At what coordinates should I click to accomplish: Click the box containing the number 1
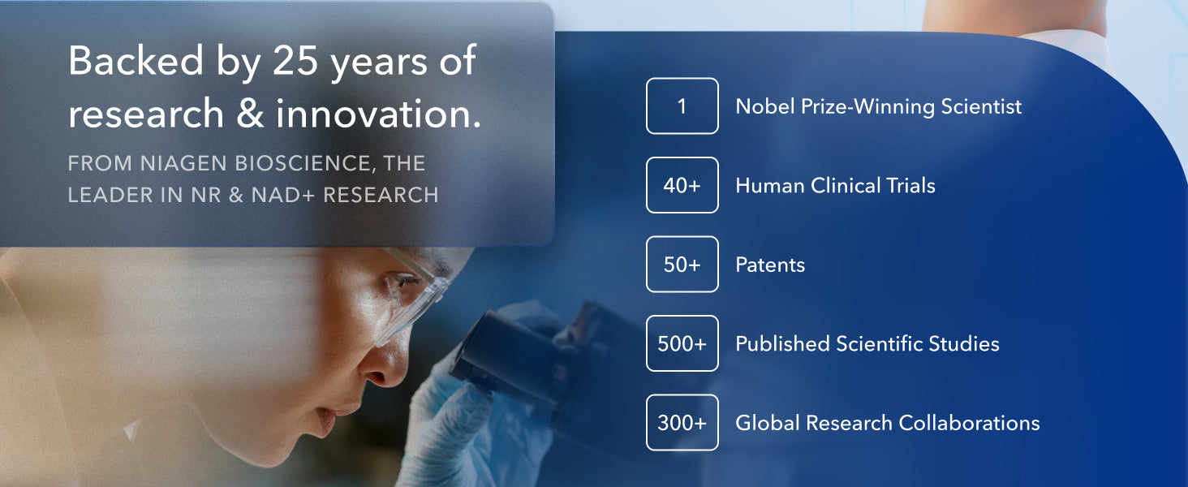pyautogui.click(x=682, y=106)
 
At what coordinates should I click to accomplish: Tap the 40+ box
pyautogui.click(x=682, y=185)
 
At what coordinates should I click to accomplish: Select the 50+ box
pyautogui.click(x=682, y=264)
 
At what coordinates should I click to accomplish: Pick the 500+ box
pyautogui.click(x=682, y=343)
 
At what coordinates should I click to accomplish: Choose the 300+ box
pyautogui.click(x=682, y=422)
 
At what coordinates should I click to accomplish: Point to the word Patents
pyautogui.click(x=770, y=265)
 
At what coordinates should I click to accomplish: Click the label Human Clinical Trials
pyautogui.click(x=835, y=185)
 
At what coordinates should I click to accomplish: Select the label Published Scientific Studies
pyautogui.click(x=867, y=344)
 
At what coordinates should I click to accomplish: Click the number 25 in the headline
pyautogui.click(x=295, y=60)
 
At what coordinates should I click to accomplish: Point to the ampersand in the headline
pyautogui.click(x=250, y=113)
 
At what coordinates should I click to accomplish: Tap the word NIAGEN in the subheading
pyautogui.click(x=183, y=163)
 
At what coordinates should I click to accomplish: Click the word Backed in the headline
pyautogui.click(x=136, y=60)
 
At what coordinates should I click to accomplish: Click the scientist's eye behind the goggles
pyautogui.click(x=406, y=281)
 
